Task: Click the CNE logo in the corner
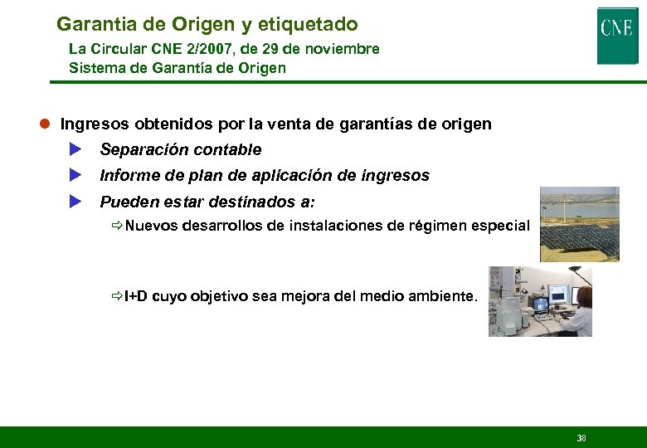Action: [617, 36]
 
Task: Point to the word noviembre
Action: [342, 49]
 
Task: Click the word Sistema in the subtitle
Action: [95, 68]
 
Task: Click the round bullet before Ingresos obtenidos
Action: [47, 124]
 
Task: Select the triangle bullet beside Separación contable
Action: [75, 149]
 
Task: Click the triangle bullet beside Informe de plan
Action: [75, 175]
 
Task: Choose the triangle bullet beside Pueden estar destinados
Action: [75, 201]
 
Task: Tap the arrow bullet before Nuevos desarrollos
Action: [118, 226]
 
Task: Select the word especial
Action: [499, 226]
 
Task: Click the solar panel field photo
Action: [579, 224]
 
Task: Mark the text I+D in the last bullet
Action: [136, 296]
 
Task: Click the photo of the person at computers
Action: [540, 301]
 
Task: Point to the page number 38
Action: [581, 437]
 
